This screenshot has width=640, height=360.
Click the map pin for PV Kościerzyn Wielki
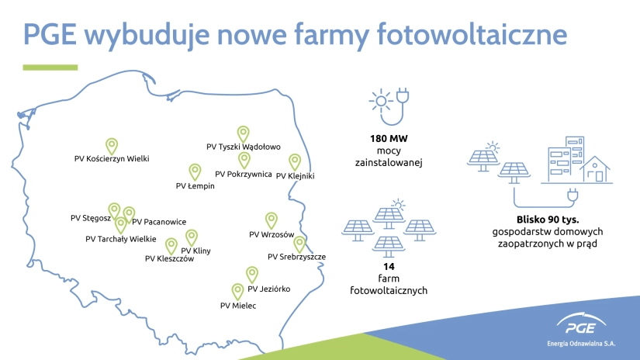[x=112, y=146]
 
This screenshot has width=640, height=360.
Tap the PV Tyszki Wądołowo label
[x=244, y=147]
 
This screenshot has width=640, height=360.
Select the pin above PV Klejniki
[x=295, y=161]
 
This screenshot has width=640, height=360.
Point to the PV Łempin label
[x=195, y=186]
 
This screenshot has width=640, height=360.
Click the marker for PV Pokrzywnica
[x=244, y=160]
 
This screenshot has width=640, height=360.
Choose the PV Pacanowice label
[x=159, y=222]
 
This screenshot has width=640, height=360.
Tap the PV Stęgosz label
[x=91, y=218]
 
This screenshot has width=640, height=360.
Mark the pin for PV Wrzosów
[x=272, y=220]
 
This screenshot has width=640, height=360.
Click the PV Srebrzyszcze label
[x=297, y=257]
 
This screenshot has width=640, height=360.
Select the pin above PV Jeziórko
[x=252, y=275]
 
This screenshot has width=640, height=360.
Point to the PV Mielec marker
[x=237, y=292]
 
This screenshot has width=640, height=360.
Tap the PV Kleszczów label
[x=169, y=259]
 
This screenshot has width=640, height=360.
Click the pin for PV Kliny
[x=192, y=237]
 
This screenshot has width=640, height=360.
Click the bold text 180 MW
[x=389, y=139]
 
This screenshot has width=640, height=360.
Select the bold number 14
[x=389, y=267]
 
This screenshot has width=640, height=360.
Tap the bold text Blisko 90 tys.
[x=548, y=220]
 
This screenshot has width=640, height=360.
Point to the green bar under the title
[x=50, y=67]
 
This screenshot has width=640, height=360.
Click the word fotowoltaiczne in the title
[x=472, y=34]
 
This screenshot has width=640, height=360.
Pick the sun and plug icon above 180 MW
[x=389, y=106]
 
